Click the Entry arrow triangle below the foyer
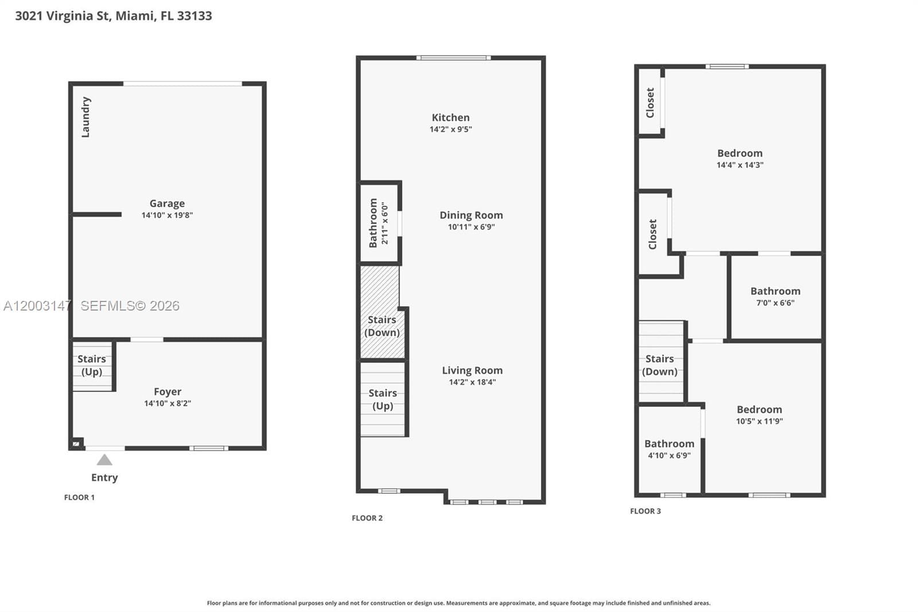click(104, 460)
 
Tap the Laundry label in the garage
click(85, 117)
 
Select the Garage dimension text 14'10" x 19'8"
click(167, 215)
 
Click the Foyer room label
click(167, 392)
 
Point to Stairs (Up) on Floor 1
click(92, 365)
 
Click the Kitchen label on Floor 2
click(450, 118)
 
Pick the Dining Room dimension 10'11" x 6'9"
click(471, 227)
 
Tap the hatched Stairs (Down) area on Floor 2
click(382, 326)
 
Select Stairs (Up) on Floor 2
click(383, 399)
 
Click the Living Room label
click(472, 370)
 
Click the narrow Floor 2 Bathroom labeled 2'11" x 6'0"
click(379, 223)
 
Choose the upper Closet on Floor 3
click(650, 103)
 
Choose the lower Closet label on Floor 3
click(652, 234)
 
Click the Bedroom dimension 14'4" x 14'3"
click(740, 165)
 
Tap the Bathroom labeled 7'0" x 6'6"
click(775, 296)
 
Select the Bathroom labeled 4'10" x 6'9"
click(669, 449)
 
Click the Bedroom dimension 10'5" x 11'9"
click(759, 421)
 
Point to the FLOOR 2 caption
click(367, 518)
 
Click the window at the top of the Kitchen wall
click(453, 57)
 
